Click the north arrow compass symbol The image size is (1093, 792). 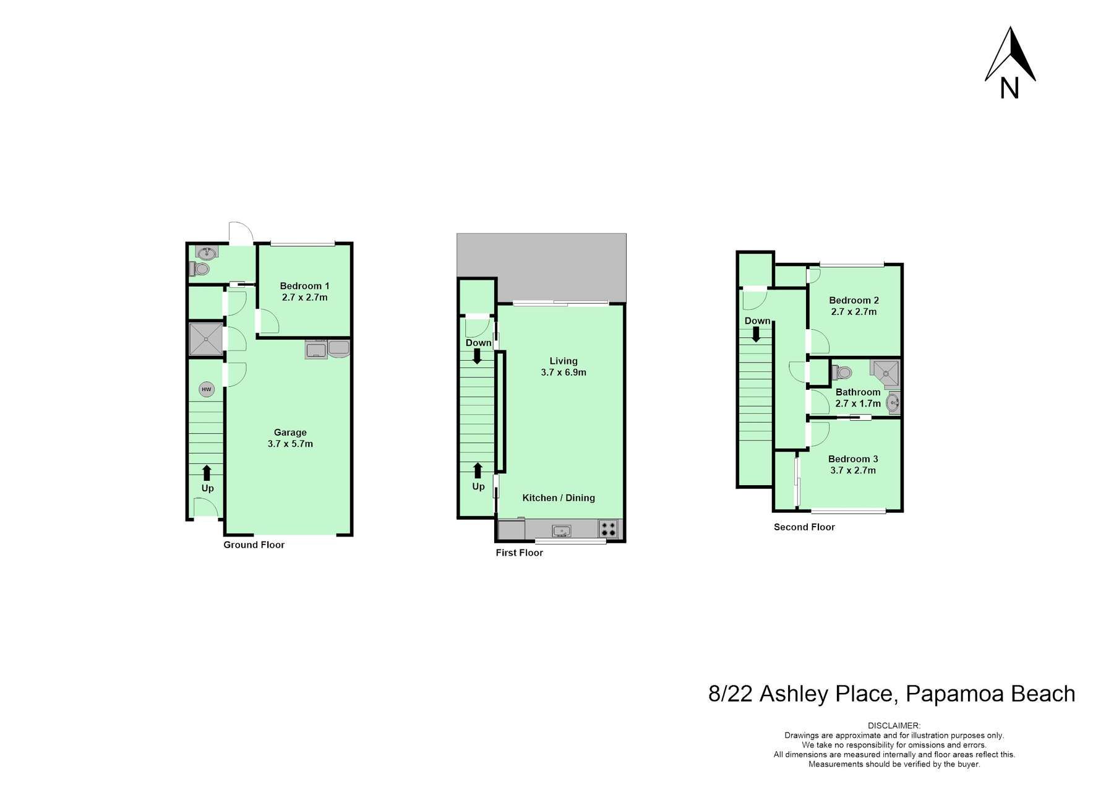point(1010,62)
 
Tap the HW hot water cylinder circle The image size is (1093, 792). point(206,390)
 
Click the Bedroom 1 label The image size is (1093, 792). point(304,286)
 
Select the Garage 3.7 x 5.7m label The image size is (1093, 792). point(290,438)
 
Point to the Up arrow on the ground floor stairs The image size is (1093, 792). point(207,473)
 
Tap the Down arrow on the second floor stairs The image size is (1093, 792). point(756,334)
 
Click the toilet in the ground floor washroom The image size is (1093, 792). point(200,269)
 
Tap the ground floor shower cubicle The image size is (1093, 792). point(205,340)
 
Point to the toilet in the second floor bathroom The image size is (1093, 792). point(842,372)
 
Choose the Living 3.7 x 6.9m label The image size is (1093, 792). point(564,366)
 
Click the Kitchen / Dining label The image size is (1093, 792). point(559,497)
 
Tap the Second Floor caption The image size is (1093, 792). point(804,527)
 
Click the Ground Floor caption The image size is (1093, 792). point(254,545)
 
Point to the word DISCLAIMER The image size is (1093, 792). point(894,726)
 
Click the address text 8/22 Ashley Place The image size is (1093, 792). point(802,694)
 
